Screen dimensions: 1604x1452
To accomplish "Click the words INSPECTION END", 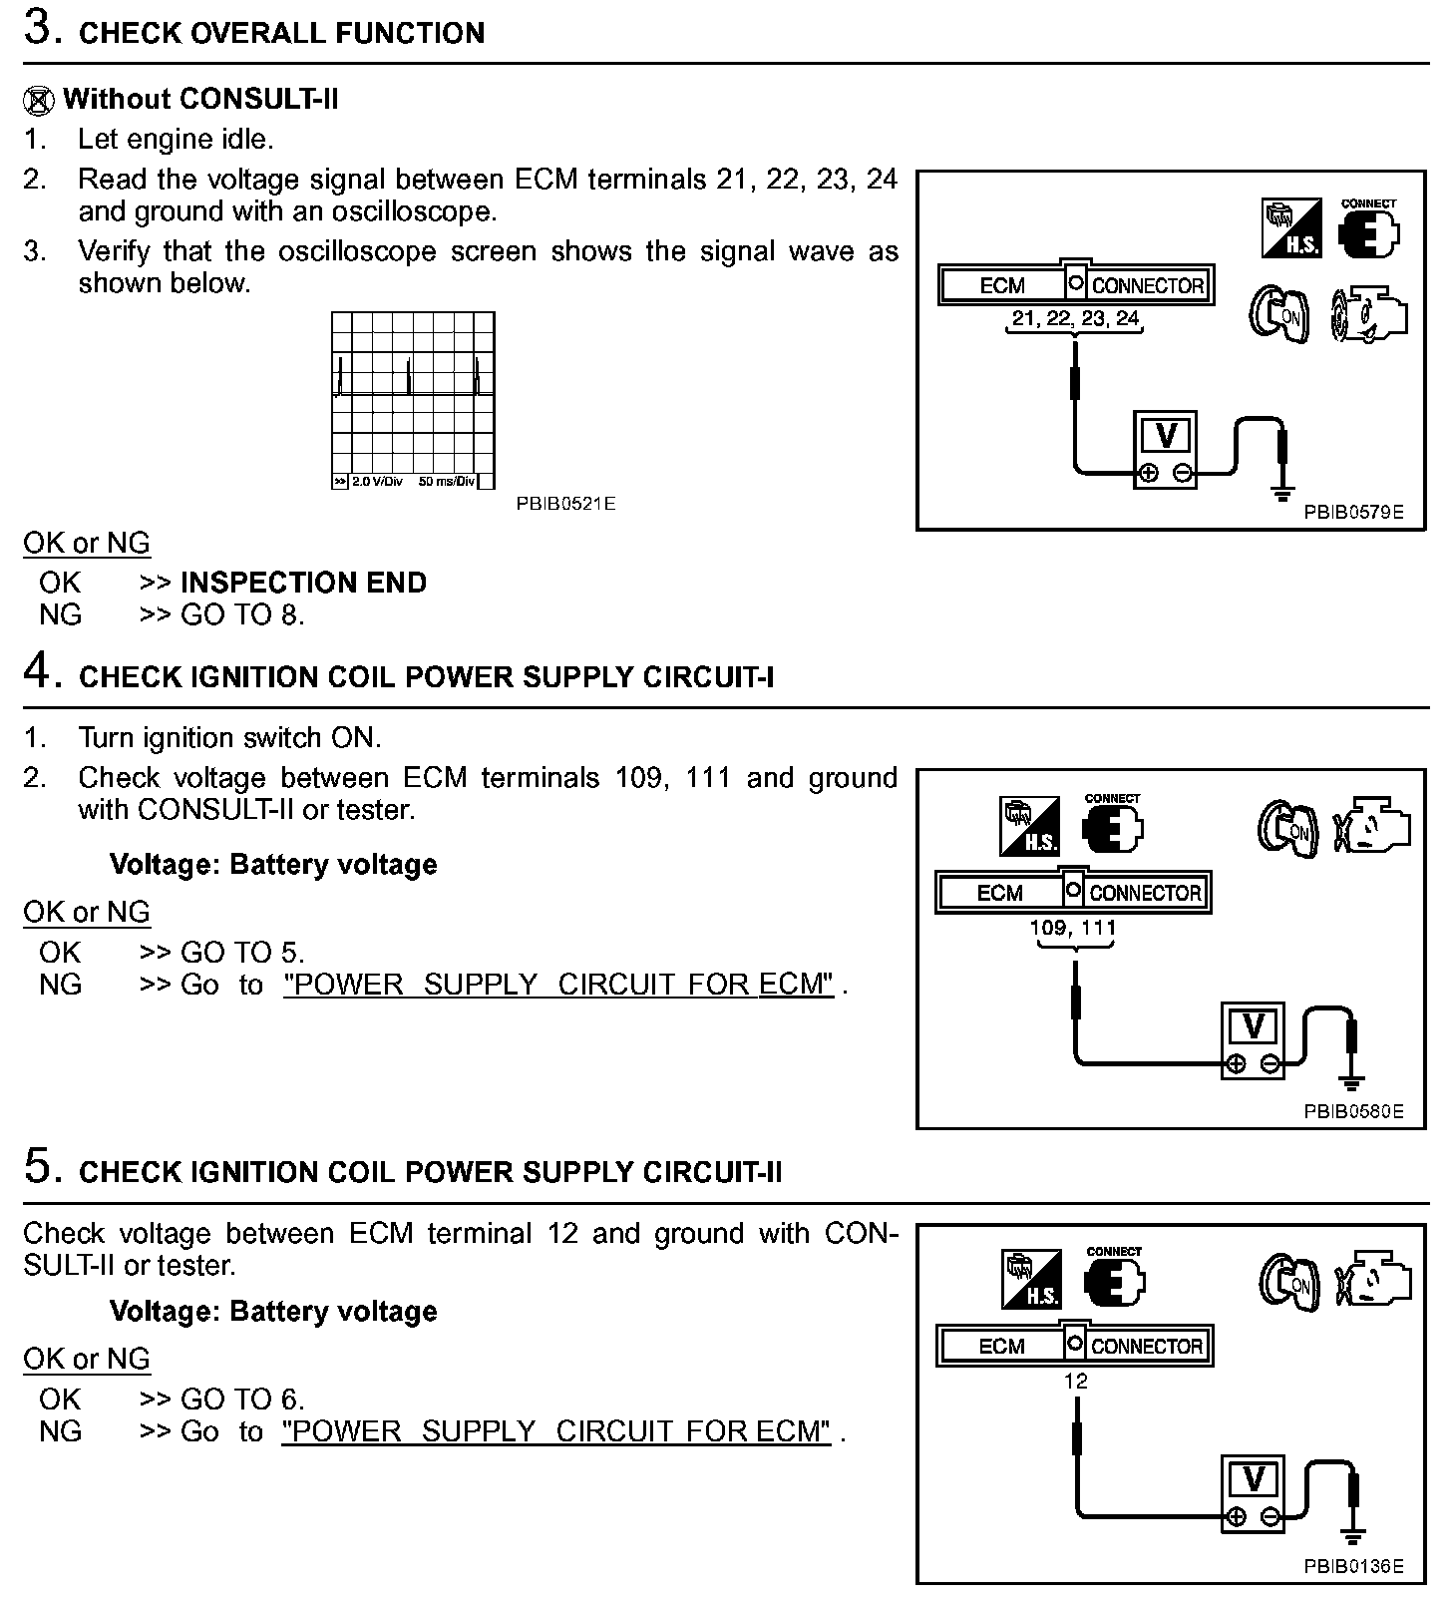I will (303, 583).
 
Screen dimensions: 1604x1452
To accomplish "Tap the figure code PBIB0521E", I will (565, 504).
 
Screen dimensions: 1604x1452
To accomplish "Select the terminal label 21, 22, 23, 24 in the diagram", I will (1075, 319).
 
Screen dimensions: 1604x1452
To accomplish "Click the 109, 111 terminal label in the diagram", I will (1073, 928).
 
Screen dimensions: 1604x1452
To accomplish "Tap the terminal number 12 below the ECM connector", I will (1075, 1382).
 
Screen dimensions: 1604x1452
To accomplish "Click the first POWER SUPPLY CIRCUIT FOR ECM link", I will (558, 985).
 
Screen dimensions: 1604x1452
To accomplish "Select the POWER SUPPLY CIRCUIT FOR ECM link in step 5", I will (556, 1431).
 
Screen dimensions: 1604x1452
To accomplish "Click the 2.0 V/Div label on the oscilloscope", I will (377, 482).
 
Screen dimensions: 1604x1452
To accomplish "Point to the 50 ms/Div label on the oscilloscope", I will (446, 482).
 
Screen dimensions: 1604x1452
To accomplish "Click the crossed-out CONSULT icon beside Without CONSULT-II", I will (38, 101).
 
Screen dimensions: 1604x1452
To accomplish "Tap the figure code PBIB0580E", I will (1353, 1111).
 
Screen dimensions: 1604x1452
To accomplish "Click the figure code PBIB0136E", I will (1353, 1566).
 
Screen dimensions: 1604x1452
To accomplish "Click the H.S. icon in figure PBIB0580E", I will (1029, 827).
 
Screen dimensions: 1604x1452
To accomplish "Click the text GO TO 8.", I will (242, 614).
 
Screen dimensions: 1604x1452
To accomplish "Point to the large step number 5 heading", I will (37, 1166).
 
